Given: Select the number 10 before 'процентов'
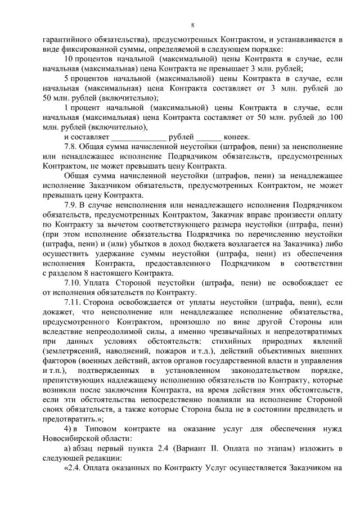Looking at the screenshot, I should click(69, 59).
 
